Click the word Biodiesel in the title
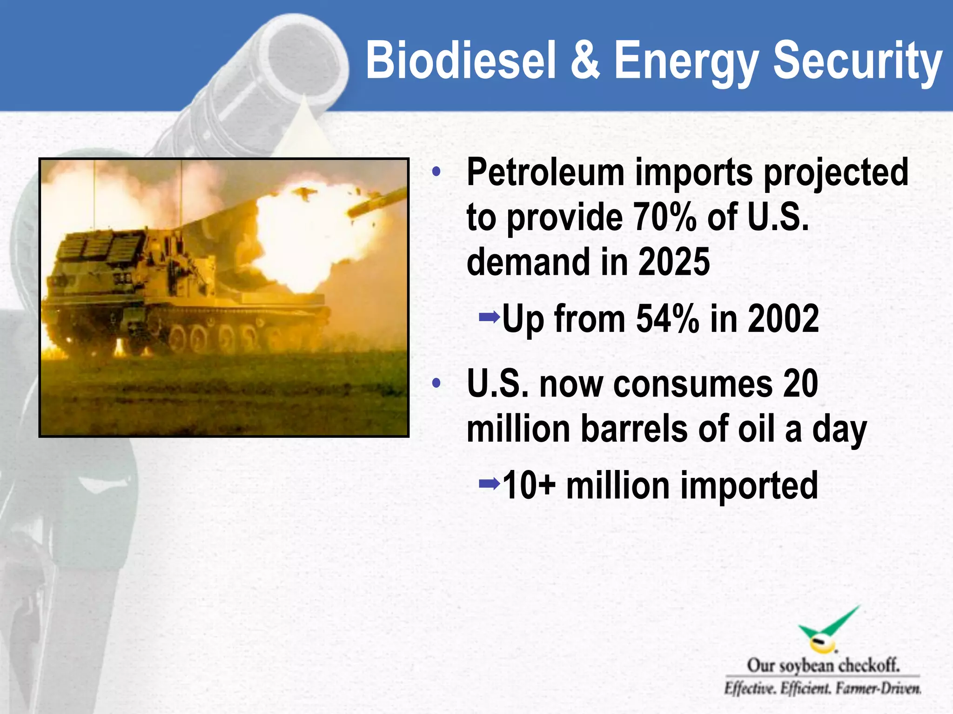click(x=461, y=60)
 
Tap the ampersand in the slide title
click(x=585, y=60)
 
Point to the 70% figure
click(x=665, y=218)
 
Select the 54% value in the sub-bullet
click(x=667, y=319)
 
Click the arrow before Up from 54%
click(x=489, y=318)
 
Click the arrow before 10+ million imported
click(x=489, y=484)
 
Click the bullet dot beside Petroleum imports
click(x=436, y=172)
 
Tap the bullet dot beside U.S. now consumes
click(x=436, y=384)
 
